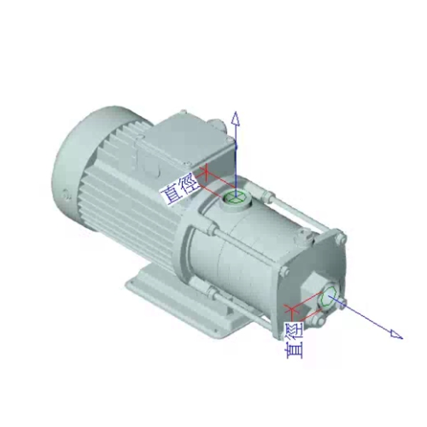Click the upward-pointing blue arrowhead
pyautogui.click(x=236, y=119)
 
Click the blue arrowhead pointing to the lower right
pyautogui.click(x=396, y=334)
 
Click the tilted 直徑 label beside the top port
pyautogui.click(x=181, y=189)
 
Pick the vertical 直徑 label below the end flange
pyautogui.click(x=294, y=340)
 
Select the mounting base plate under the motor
pyautogui.click(x=185, y=302)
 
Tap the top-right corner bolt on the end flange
pyautogui.click(x=341, y=239)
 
